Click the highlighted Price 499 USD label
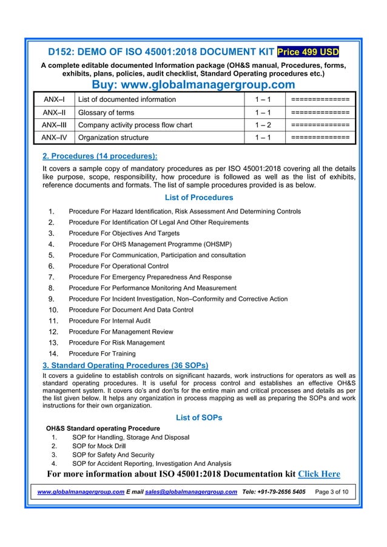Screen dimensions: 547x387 (308, 52)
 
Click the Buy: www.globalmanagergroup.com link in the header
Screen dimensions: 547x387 (193, 84)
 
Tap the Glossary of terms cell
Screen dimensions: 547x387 (103, 112)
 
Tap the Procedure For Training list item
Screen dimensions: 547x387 (102, 354)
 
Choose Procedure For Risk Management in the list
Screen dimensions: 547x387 (116, 343)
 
